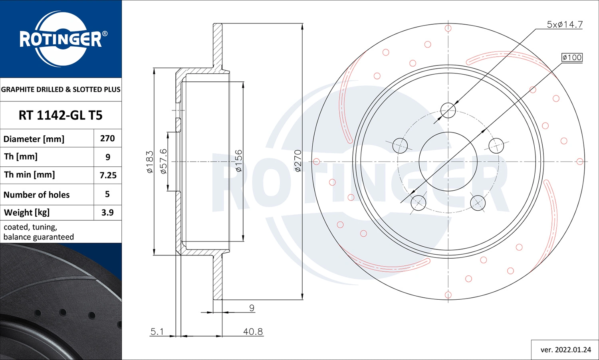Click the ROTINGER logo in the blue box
(x=61, y=39)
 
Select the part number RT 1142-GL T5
(x=61, y=115)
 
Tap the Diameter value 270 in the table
(x=107, y=138)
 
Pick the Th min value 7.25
(x=108, y=175)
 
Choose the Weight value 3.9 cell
(x=107, y=213)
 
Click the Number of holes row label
(x=36, y=195)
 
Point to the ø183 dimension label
(x=150, y=162)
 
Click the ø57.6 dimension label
(x=163, y=161)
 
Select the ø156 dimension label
(x=238, y=161)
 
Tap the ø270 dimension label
(x=298, y=161)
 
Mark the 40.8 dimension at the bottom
(x=253, y=332)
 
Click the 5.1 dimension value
(x=157, y=332)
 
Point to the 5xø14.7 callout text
(x=565, y=25)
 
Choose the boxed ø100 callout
(x=572, y=57)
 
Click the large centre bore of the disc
(x=448, y=162)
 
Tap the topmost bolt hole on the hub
(x=448, y=110)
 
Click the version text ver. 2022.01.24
(x=565, y=350)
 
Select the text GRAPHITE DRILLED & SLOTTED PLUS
(x=61, y=89)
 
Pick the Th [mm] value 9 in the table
(x=108, y=157)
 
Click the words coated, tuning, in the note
(x=30, y=227)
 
